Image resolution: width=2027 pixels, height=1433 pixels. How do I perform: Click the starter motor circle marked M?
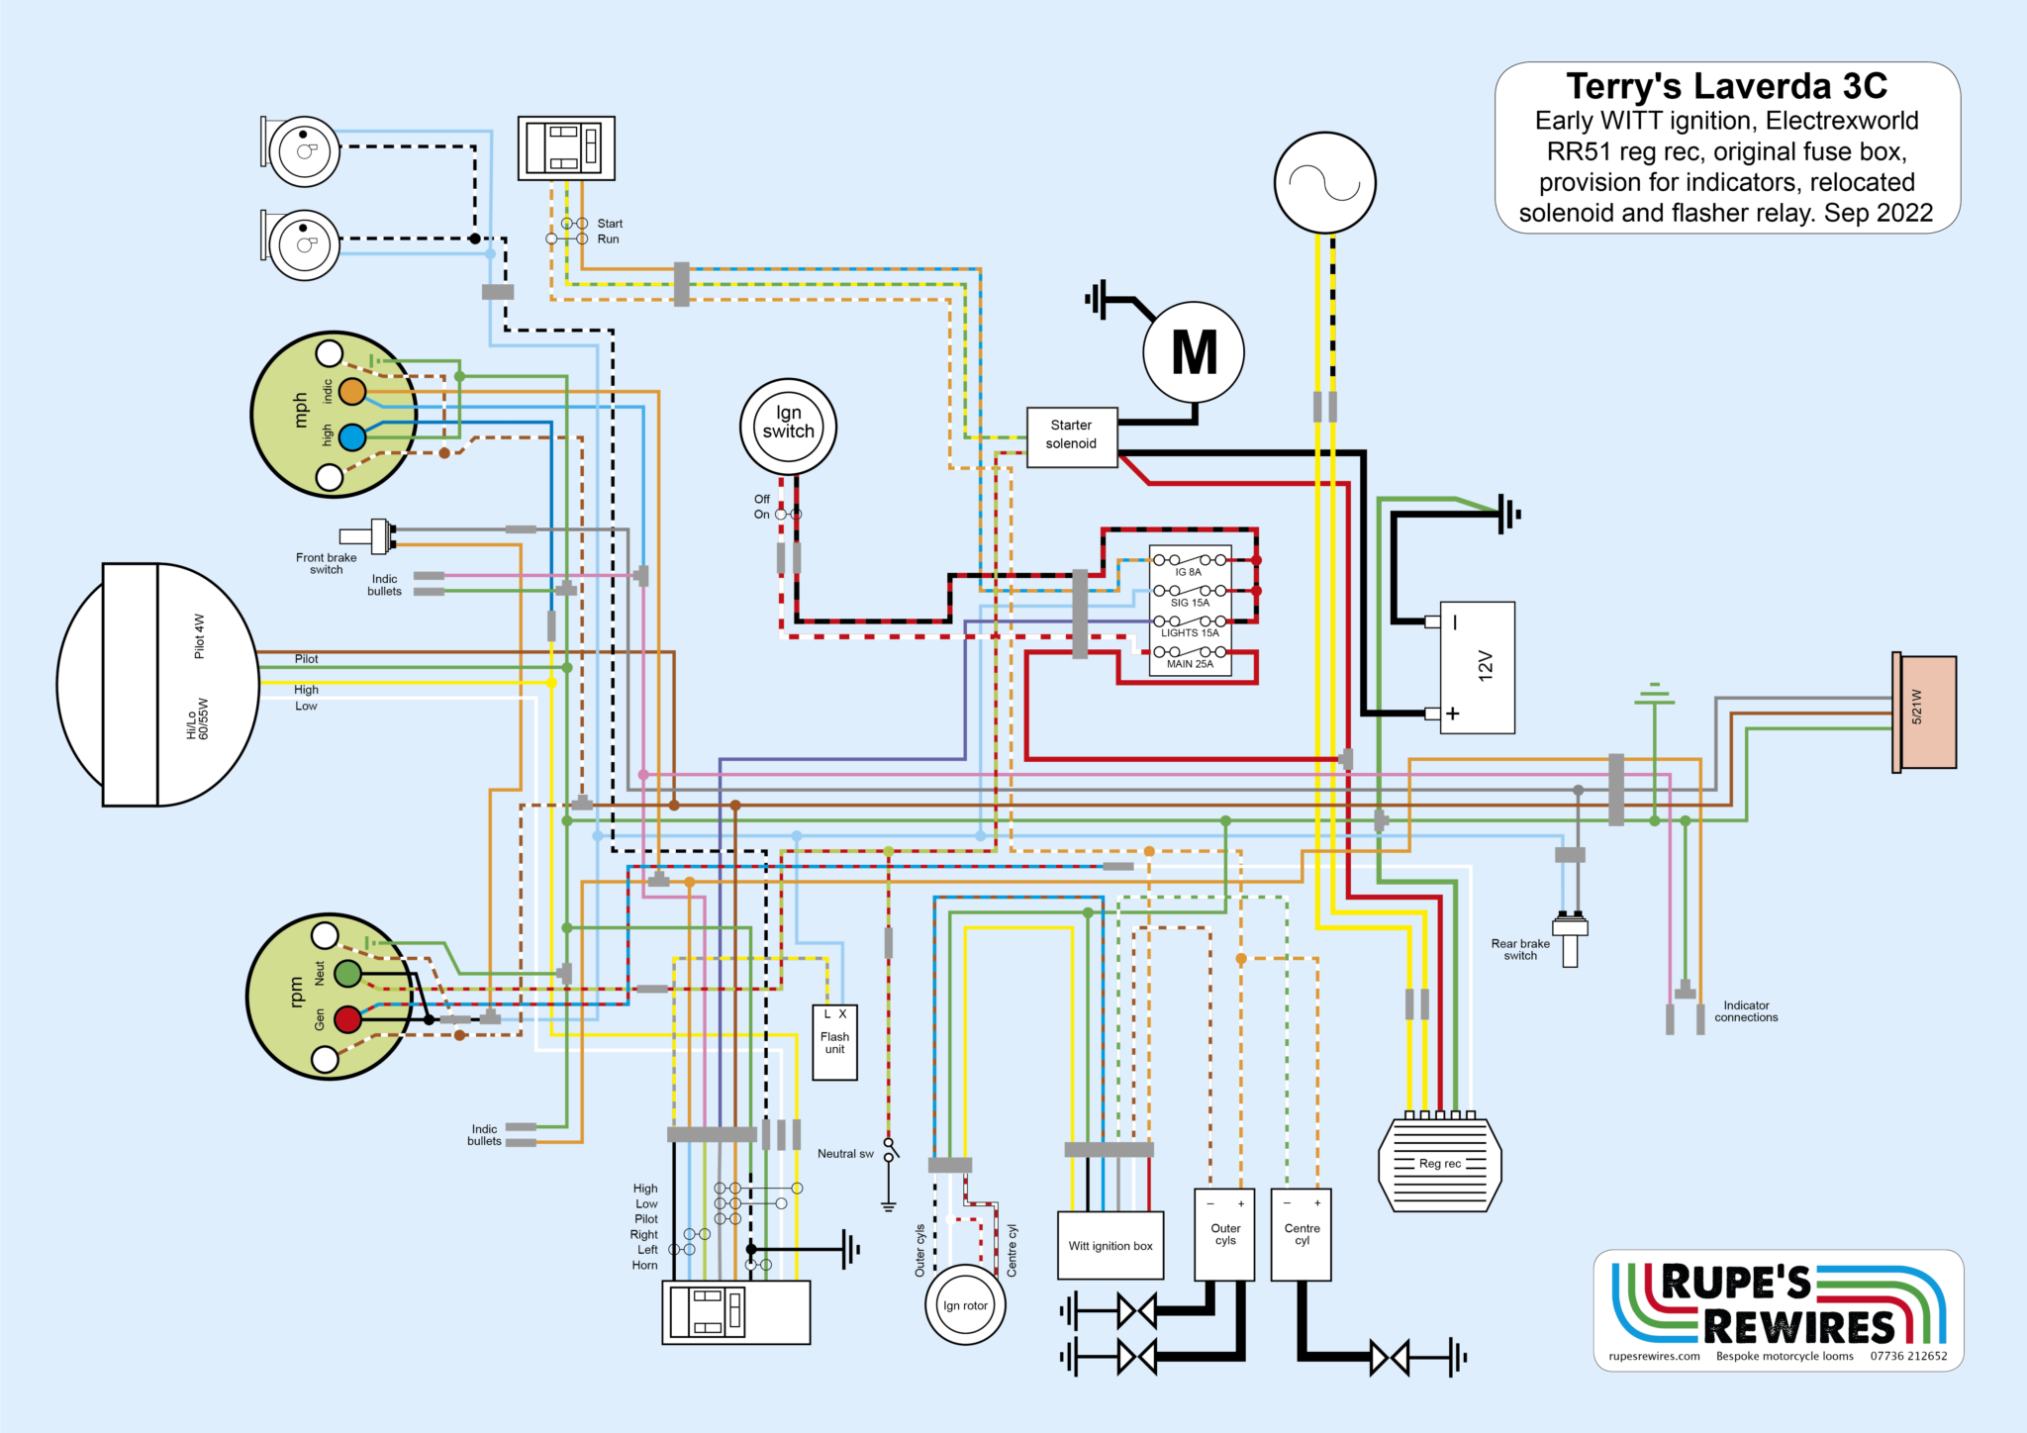click(1194, 352)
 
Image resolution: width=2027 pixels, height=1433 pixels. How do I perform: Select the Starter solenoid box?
click(1071, 435)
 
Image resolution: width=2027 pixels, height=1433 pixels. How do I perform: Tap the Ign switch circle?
click(788, 427)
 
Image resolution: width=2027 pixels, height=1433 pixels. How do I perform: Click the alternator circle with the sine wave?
click(1324, 183)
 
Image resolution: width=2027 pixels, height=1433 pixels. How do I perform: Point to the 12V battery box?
click(1477, 667)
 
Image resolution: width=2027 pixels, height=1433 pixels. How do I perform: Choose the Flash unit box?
click(834, 1043)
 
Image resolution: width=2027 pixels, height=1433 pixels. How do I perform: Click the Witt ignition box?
click(1110, 1245)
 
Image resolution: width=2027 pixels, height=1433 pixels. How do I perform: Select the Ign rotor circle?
click(965, 1305)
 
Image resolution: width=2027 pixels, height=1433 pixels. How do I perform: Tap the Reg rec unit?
click(1439, 1164)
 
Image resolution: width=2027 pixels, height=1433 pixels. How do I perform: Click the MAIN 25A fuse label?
click(1190, 664)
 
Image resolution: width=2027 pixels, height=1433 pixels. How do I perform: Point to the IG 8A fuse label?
click(1188, 572)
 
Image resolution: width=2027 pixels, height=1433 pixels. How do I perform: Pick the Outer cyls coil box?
click(1225, 1234)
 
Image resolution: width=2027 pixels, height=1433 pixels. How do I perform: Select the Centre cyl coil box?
click(1302, 1234)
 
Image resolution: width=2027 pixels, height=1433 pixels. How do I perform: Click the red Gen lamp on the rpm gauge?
click(347, 1019)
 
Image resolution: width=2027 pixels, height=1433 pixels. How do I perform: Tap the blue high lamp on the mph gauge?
click(352, 436)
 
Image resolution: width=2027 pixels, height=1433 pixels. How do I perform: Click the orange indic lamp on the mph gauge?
click(352, 392)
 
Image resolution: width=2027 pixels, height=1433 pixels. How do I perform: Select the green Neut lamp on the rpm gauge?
click(347, 974)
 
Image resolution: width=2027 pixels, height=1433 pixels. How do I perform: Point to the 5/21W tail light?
click(1925, 712)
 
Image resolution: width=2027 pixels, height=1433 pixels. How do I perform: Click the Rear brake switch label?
click(1520, 949)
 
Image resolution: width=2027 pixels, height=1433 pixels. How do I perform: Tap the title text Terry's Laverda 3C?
click(1726, 86)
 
